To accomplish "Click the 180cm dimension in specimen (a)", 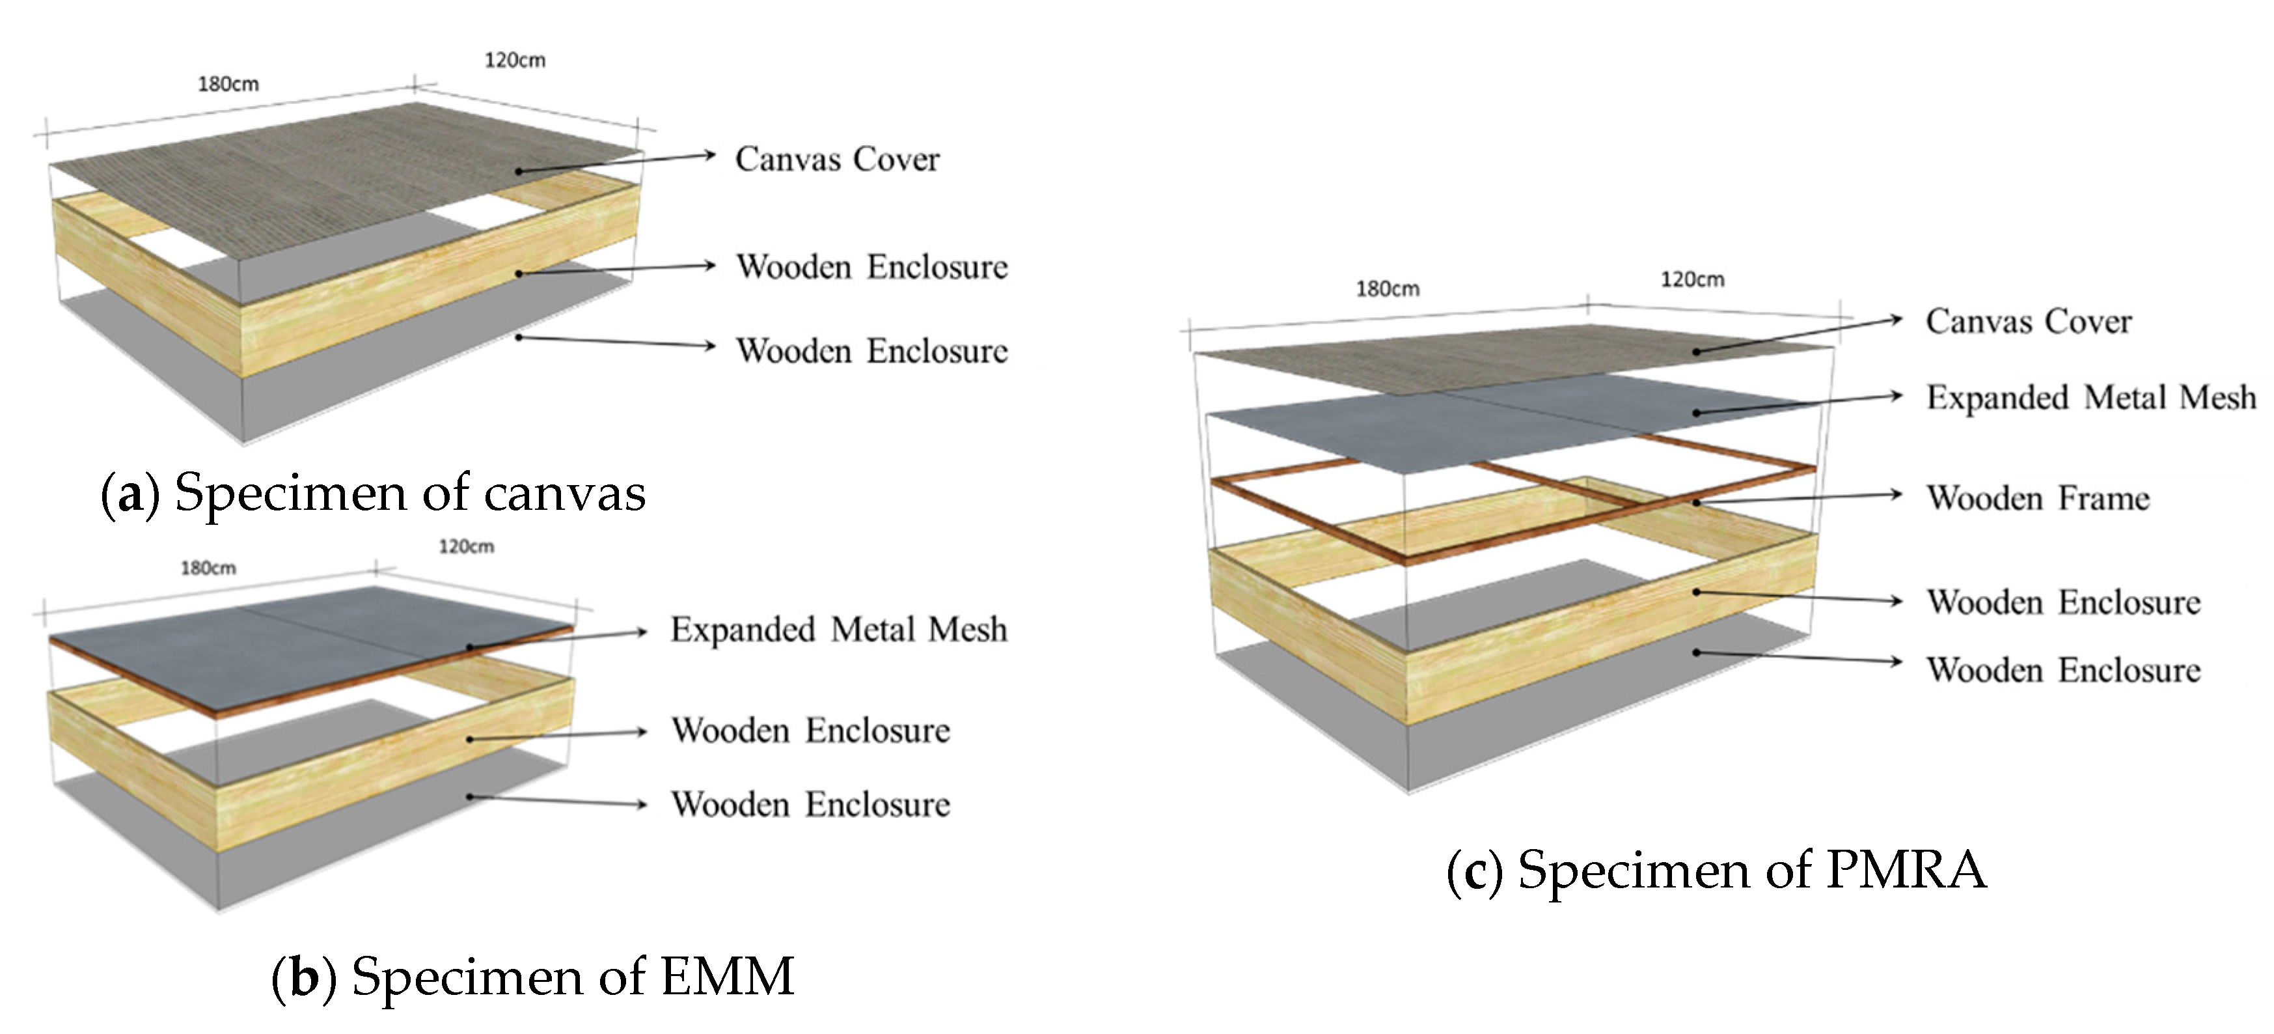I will pyautogui.click(x=228, y=84).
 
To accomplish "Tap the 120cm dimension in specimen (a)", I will pyautogui.click(x=515, y=60).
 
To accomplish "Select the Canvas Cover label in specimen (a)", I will pyautogui.click(x=837, y=159).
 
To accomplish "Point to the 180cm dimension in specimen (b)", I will pyautogui.click(x=208, y=568).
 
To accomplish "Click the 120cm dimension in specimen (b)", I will pyautogui.click(x=466, y=546).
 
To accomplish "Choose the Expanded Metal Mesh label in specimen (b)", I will pyautogui.click(x=838, y=630).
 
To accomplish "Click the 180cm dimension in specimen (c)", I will pyautogui.click(x=1388, y=288).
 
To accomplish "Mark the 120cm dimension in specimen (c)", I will pyautogui.click(x=1692, y=279).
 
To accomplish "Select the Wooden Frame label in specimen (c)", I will pyautogui.click(x=2037, y=498).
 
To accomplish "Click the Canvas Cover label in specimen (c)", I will pyautogui.click(x=2029, y=322).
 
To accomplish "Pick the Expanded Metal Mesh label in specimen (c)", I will pyautogui.click(x=2090, y=397).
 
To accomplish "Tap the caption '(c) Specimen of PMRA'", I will pyautogui.click(x=1716, y=871).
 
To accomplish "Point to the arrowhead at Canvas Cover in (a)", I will pyautogui.click(x=709, y=156).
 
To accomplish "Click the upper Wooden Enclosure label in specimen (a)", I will pyautogui.click(x=871, y=267).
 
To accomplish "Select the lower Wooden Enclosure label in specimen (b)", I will pyautogui.click(x=810, y=804).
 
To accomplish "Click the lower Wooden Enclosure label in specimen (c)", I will pyautogui.click(x=2063, y=670).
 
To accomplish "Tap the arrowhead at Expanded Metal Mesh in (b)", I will pyautogui.click(x=642, y=632).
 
